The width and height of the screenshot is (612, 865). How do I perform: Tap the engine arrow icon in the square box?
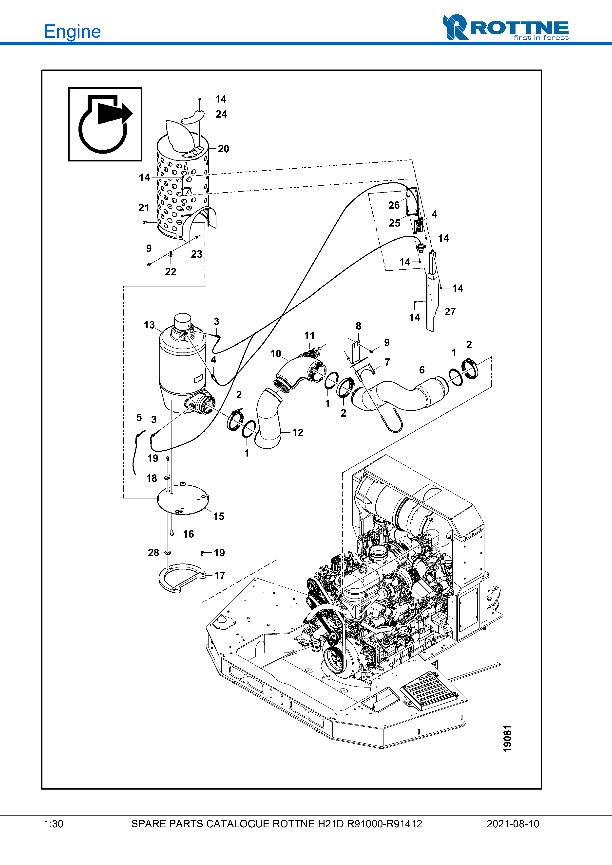point(105,124)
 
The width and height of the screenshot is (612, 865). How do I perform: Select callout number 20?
point(224,149)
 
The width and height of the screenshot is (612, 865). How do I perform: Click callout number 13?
point(149,325)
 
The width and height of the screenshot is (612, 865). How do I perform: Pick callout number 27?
point(450,312)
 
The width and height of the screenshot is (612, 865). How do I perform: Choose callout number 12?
point(298,432)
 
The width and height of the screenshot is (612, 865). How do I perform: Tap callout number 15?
point(219,516)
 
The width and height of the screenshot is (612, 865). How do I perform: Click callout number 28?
point(153,552)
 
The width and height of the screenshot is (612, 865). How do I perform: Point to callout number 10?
point(276,354)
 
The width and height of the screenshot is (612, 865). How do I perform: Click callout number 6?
point(422,370)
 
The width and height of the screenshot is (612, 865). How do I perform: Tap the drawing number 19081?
point(508,739)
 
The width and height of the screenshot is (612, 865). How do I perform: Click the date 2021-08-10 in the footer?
point(513,824)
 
